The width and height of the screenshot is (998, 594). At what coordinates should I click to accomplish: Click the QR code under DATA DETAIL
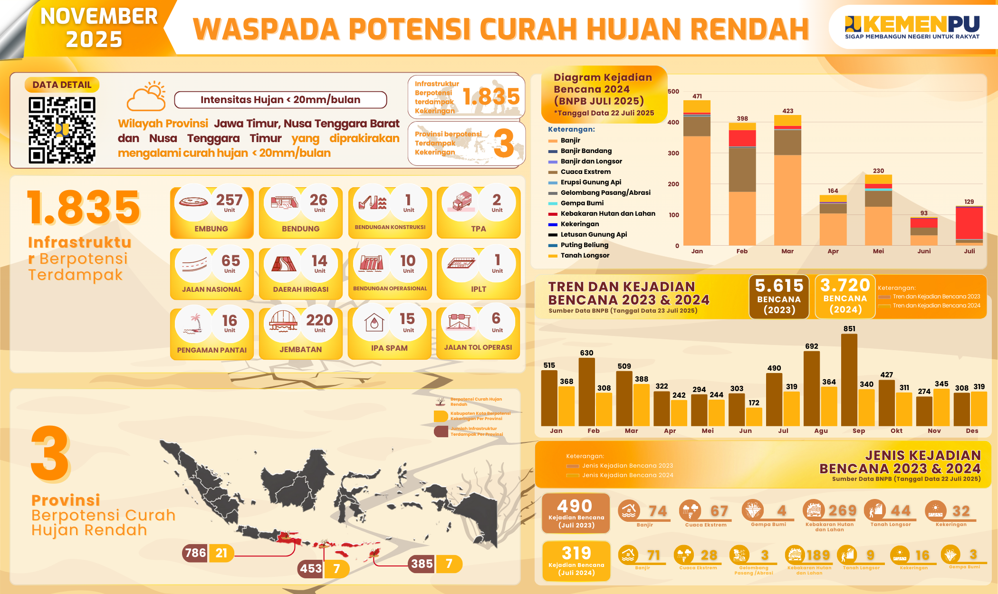click(62, 130)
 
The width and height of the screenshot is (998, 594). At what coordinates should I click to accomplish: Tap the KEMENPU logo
click(912, 27)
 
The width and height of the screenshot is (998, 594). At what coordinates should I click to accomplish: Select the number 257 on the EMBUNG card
click(229, 200)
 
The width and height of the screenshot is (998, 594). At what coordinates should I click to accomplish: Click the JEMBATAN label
click(301, 349)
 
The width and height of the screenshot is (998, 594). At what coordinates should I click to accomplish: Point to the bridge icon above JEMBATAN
click(283, 321)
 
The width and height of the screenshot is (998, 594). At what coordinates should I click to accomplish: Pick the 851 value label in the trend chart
click(849, 329)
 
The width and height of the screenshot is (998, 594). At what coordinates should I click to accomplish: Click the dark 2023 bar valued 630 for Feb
click(586, 392)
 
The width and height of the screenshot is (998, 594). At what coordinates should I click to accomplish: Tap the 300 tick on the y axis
click(673, 153)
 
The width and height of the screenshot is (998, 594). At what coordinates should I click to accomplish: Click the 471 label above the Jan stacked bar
click(697, 96)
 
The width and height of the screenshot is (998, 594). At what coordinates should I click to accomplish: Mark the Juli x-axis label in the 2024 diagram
click(969, 251)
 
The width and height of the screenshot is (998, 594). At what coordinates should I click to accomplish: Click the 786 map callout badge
click(195, 553)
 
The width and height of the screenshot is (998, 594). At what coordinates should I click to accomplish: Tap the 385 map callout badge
click(422, 564)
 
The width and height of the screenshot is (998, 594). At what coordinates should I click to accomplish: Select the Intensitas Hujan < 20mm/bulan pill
click(280, 100)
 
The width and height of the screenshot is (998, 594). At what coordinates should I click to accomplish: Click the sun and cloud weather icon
click(147, 96)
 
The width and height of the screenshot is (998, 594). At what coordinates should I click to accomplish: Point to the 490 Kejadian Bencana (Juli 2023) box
click(576, 513)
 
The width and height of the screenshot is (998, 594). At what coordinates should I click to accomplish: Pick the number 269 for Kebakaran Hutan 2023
click(842, 511)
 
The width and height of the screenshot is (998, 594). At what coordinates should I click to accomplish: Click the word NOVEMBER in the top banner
click(99, 17)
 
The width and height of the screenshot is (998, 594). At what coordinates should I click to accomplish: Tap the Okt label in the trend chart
click(896, 431)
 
